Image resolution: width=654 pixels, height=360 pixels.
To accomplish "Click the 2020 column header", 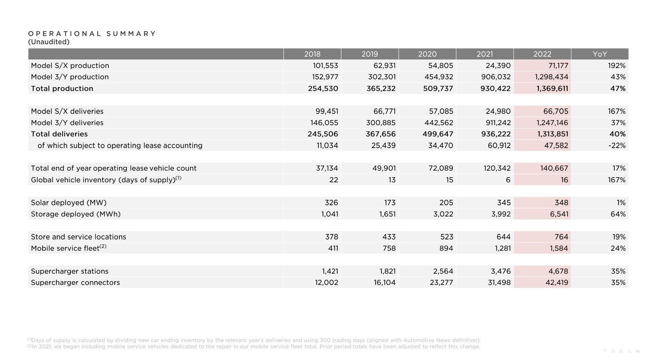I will (427, 54).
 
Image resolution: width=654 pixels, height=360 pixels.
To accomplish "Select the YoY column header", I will (599, 54).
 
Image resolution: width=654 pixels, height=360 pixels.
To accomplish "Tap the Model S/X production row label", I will (70, 65).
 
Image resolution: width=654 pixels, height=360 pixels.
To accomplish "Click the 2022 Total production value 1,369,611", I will (552, 88).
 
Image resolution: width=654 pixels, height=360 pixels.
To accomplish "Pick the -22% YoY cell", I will (616, 146).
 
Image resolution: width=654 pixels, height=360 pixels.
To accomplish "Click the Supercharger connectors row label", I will (76, 282).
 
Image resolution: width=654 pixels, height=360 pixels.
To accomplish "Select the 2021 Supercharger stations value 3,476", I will (500, 271).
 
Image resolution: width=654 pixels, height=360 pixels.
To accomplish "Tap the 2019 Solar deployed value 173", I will (389, 202).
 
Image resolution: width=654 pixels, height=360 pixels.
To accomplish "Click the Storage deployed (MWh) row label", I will (76, 214).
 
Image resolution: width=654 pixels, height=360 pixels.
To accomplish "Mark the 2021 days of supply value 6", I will (508, 180).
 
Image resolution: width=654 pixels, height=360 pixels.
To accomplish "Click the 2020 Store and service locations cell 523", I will (446, 237).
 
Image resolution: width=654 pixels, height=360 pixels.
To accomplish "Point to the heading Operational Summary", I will (92, 33).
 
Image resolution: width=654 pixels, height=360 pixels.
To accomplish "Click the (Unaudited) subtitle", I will (49, 42).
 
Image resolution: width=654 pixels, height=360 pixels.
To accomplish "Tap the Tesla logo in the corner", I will (621, 351).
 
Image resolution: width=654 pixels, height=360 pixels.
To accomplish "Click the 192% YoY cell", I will (616, 65).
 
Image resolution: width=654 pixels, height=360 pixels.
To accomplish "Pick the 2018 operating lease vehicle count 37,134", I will (327, 168).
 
